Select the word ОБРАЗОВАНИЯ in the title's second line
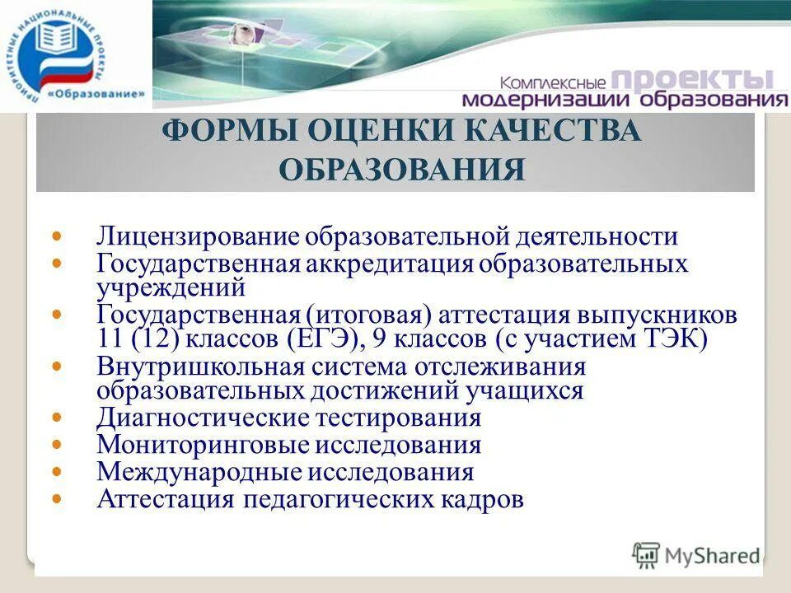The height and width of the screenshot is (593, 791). click(x=402, y=170)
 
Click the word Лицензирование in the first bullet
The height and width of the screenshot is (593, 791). click(x=199, y=237)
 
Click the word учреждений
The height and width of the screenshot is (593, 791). click(x=171, y=287)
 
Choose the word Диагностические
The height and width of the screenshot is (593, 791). click(x=204, y=418)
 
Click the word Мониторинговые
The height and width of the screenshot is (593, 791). click(x=202, y=446)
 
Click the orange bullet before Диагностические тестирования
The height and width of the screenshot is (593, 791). click(x=57, y=418)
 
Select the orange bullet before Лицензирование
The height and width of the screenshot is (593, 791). click(x=57, y=237)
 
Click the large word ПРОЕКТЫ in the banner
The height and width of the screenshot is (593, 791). click(x=694, y=80)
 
